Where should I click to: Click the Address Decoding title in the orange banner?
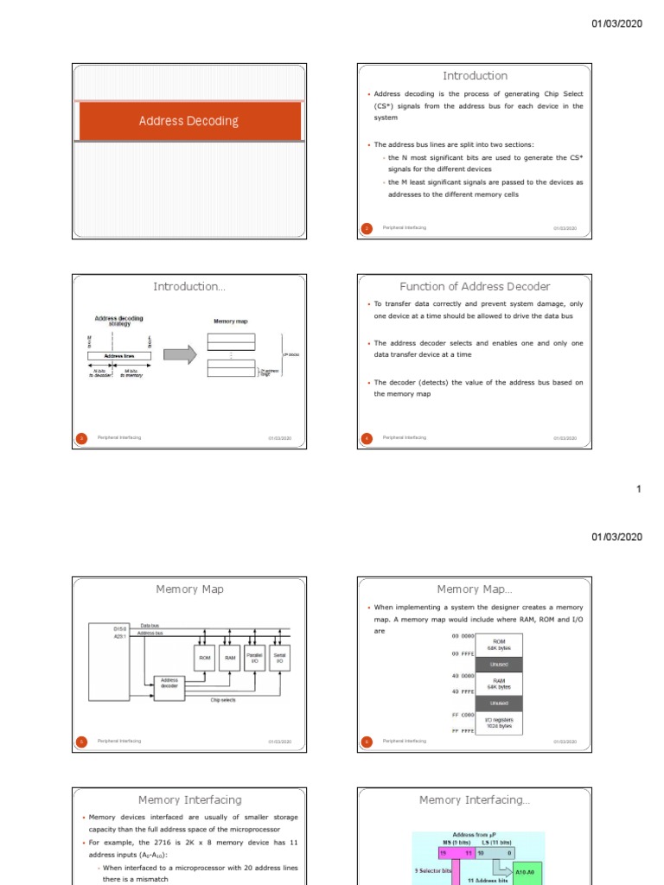188,121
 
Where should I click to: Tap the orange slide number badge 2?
366,228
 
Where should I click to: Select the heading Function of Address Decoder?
475,287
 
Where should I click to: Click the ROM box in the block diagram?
205,658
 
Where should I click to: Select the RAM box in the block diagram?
230,658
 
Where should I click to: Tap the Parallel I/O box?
255,658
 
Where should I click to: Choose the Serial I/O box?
279,658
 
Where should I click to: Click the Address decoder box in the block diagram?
169,683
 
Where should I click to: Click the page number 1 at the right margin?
639,490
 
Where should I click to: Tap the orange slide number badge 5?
81,741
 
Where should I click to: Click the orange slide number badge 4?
366,438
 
